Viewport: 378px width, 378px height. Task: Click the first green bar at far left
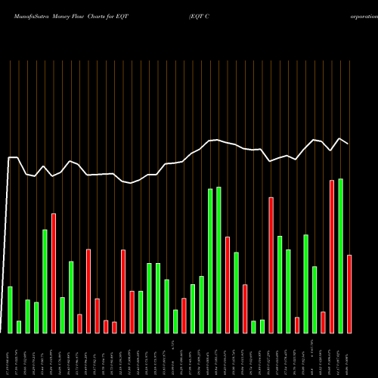11,309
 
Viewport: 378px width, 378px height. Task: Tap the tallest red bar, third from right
332,256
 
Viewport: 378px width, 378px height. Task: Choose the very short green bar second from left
19,327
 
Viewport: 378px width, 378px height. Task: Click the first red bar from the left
54,273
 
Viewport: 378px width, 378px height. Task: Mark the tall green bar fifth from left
45,280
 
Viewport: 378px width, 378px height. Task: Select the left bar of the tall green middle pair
210,260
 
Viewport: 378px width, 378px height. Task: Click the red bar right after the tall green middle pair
228,284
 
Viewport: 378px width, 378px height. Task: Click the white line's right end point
349,144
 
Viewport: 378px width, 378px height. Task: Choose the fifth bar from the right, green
314,299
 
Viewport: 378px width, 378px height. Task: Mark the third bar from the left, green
27,316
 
